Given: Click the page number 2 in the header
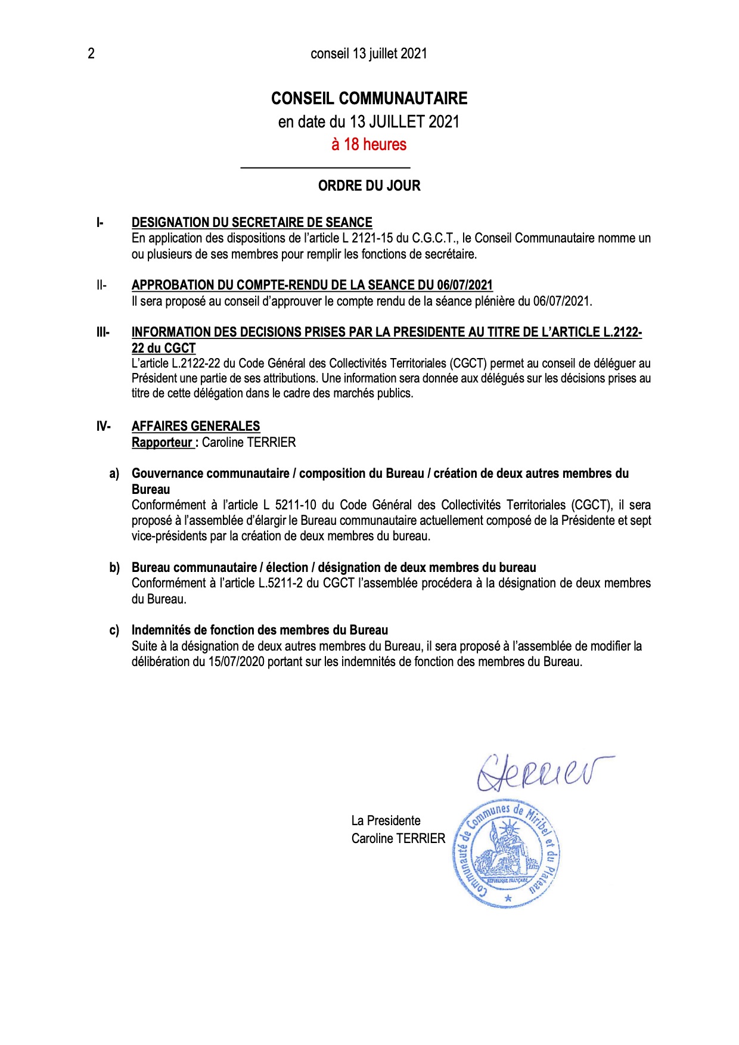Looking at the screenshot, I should [x=91, y=54].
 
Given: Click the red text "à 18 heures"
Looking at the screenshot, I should [x=369, y=144].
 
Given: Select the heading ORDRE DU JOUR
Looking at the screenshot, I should [x=369, y=186].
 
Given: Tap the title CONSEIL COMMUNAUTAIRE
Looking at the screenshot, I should [x=369, y=98].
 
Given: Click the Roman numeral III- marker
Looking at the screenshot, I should [x=103, y=332].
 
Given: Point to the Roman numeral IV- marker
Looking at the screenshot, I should [x=103, y=427].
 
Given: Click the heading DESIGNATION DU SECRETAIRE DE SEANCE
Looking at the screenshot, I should [x=251, y=223].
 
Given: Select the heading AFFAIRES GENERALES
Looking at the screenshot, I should [x=195, y=427].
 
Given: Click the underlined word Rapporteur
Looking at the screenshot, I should [x=162, y=443].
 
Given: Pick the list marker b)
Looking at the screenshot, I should [x=114, y=568].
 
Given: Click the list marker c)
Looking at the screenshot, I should [x=114, y=630].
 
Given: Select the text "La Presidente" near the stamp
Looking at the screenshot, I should [x=386, y=821].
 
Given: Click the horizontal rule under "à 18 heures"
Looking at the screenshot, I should [x=325, y=167].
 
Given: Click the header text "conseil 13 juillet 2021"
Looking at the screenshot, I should [x=369, y=54].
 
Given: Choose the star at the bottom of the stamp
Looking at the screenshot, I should [x=508, y=898].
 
